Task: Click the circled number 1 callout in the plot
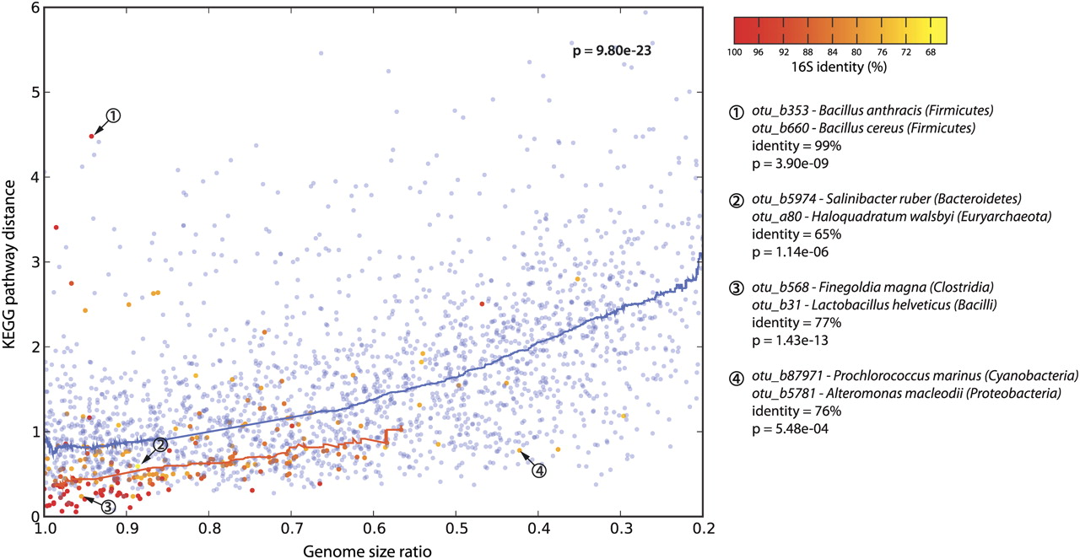click(114, 116)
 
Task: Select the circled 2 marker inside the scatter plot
click(160, 444)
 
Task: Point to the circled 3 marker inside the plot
click(109, 506)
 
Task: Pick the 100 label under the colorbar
click(734, 52)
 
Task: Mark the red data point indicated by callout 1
click(91, 136)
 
